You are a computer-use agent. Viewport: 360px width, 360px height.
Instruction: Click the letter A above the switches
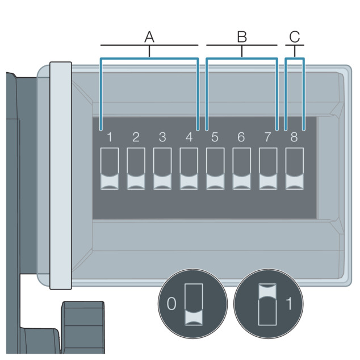[x=149, y=37]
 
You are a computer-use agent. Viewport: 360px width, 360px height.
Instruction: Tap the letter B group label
[x=242, y=37]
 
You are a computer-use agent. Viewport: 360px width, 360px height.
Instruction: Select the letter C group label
[x=295, y=37]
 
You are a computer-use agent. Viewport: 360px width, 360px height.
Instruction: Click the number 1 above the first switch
[x=110, y=137]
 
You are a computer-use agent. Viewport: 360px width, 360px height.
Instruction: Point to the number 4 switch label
[x=189, y=137]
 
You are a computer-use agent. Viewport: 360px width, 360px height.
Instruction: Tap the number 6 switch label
[x=241, y=137]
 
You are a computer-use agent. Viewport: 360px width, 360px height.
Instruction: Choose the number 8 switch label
[x=294, y=137]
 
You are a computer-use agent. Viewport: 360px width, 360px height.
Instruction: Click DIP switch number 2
[x=136, y=169]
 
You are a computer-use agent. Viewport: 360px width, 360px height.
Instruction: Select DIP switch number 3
[x=162, y=169]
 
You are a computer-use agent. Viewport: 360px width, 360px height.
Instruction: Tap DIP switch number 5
[x=215, y=169]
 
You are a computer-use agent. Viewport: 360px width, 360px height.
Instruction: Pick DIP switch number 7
[x=268, y=169]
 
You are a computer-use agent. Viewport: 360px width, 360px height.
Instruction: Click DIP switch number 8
[x=295, y=169]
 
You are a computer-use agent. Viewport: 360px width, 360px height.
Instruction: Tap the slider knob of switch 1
[x=110, y=182]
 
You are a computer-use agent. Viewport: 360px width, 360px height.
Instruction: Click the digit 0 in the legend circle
[x=171, y=304]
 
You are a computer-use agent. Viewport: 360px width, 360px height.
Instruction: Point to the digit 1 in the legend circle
[x=289, y=304]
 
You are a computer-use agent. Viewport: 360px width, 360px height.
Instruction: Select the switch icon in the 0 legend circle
[x=194, y=304]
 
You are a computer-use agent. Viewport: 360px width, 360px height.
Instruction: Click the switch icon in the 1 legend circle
[x=267, y=304]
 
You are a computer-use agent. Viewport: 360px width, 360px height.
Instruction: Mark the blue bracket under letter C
[x=295, y=59]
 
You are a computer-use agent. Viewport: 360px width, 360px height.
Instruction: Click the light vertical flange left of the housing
[x=61, y=175]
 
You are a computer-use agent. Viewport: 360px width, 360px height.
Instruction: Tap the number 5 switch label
[x=215, y=137]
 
